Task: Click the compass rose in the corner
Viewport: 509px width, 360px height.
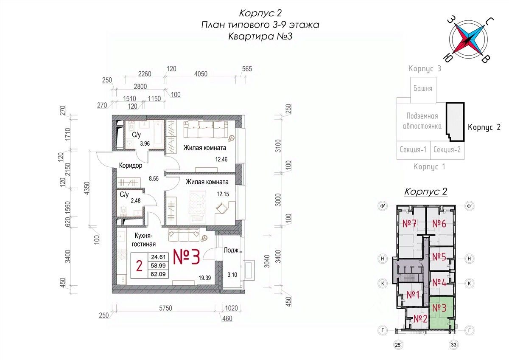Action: tap(469, 40)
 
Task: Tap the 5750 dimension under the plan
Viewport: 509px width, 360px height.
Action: tap(165, 308)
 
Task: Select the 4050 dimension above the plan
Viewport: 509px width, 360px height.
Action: tap(201, 74)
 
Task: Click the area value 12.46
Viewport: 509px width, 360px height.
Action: tap(221, 159)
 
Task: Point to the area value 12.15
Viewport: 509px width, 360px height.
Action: tap(223, 194)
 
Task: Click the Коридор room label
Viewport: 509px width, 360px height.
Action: tap(131, 165)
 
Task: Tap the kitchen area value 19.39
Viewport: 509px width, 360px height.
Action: tap(205, 278)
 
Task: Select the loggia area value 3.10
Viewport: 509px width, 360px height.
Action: tap(232, 275)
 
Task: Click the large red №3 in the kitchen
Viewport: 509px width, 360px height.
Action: tap(187, 257)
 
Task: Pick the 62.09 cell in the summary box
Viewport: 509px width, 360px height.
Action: tap(158, 274)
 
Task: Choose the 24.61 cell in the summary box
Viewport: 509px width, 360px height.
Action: tap(158, 257)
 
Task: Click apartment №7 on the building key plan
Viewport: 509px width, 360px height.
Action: tap(409, 224)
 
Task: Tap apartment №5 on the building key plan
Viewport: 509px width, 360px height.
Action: tap(439, 257)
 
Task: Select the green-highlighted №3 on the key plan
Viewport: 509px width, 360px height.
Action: tap(439, 308)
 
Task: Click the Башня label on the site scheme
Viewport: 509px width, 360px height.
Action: tap(422, 88)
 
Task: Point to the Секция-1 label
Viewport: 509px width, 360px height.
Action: tap(413, 149)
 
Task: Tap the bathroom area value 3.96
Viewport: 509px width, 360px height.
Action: tap(145, 143)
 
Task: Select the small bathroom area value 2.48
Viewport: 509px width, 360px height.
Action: tap(136, 200)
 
